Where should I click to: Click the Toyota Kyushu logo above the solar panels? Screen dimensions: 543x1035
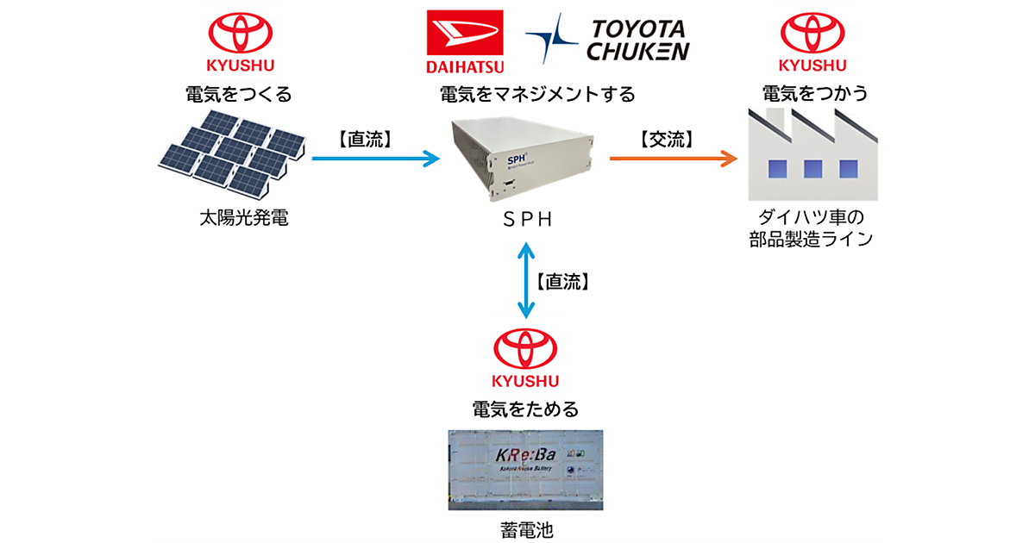tap(238, 41)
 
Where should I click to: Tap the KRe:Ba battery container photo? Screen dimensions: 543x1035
tap(525, 469)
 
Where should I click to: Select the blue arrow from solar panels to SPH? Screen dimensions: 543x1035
tap(375, 158)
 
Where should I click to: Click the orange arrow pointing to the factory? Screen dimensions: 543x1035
tap(673, 158)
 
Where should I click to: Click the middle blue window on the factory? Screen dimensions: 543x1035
tap(812, 167)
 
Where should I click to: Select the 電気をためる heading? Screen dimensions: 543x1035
tap(525, 408)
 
